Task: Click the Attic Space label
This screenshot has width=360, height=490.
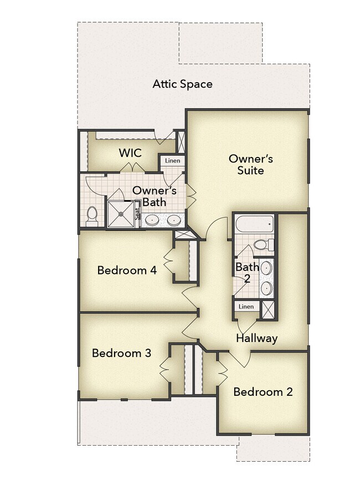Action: pyautogui.click(x=182, y=84)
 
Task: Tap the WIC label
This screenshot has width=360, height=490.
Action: pyautogui.click(x=130, y=153)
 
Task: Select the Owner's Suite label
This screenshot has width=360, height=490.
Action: pyautogui.click(x=250, y=165)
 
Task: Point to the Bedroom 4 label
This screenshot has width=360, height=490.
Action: pyautogui.click(x=127, y=270)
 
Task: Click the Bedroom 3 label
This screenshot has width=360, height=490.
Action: pyautogui.click(x=121, y=353)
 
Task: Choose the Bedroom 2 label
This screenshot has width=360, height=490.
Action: pyautogui.click(x=263, y=391)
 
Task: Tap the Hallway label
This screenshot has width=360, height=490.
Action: pyautogui.click(x=256, y=338)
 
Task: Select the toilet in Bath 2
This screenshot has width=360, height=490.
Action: pyautogui.click(x=264, y=244)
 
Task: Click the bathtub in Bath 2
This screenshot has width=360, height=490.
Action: pyautogui.click(x=254, y=224)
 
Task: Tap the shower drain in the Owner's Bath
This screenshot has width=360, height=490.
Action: pyautogui.click(x=121, y=214)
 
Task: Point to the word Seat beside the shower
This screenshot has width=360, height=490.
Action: pyautogui.click(x=137, y=214)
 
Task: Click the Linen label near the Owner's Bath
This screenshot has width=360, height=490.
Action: pyautogui.click(x=173, y=161)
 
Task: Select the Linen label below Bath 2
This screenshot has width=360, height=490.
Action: pyautogui.click(x=246, y=307)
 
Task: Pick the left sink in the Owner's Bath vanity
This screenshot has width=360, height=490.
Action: pyautogui.click(x=152, y=220)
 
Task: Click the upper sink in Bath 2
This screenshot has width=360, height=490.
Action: pyautogui.click(x=266, y=268)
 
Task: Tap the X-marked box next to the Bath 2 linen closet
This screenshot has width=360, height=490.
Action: pyautogui.click(x=268, y=310)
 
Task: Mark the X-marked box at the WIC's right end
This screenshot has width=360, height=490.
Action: pyautogui.click(x=181, y=142)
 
